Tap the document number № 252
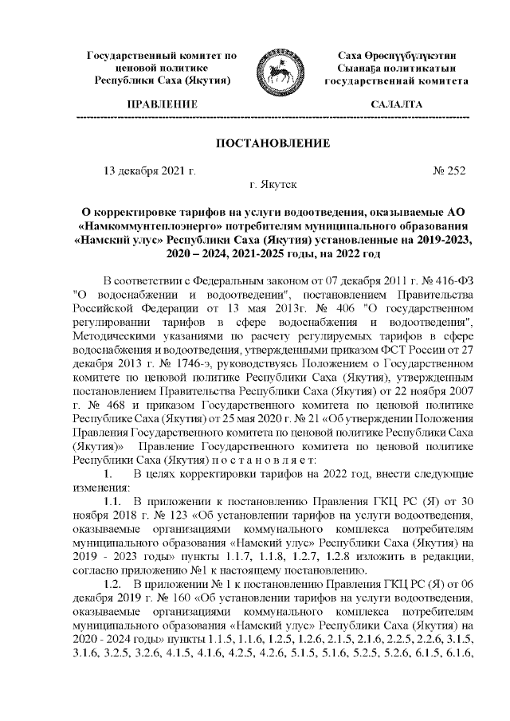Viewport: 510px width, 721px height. pyautogui.click(x=449, y=170)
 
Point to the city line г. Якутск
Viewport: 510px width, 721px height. pyautogui.click(x=273, y=185)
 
